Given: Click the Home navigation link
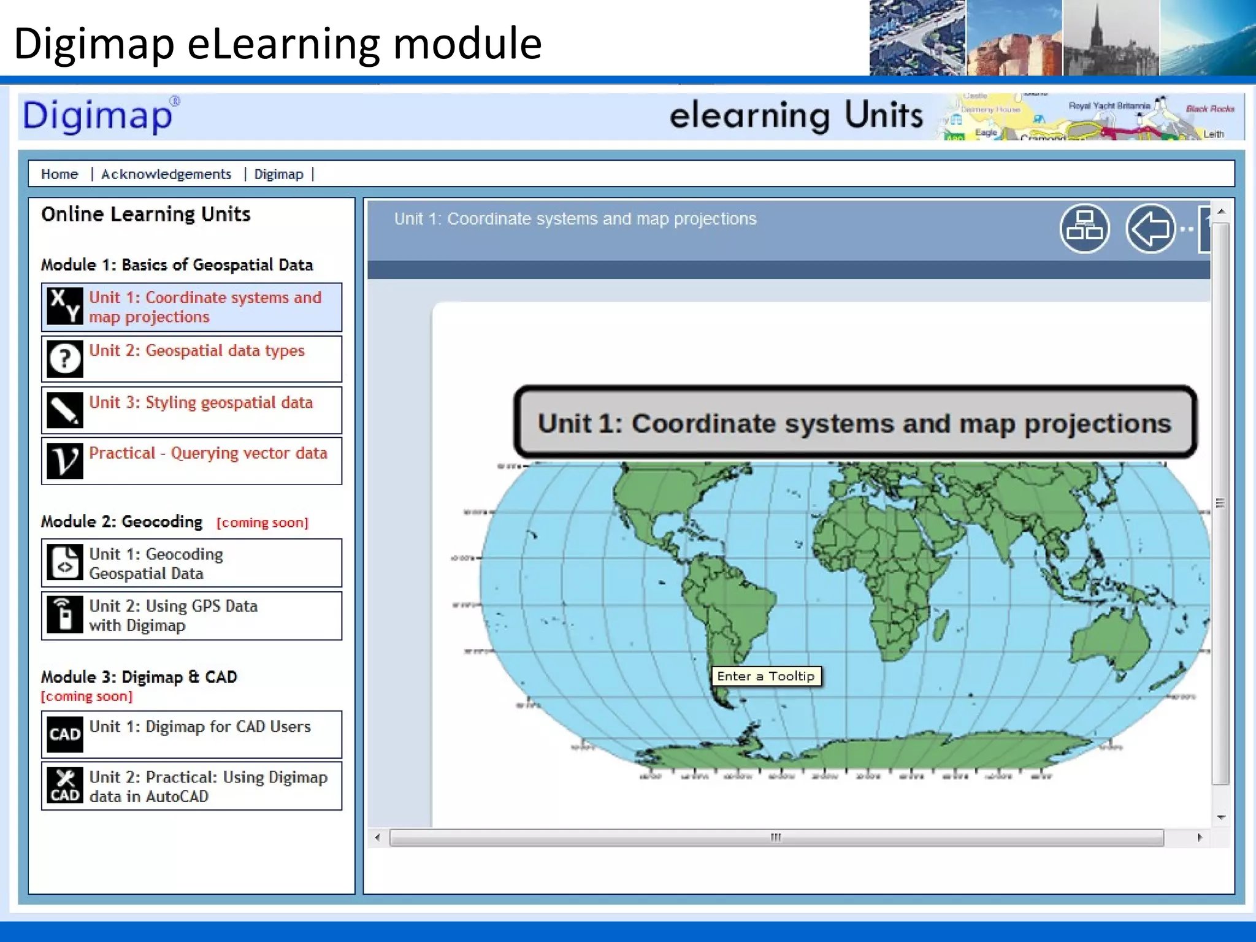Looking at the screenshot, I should tap(59, 174).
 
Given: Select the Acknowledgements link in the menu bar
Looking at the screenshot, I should tap(166, 174).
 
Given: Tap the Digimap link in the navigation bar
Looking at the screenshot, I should tap(278, 174).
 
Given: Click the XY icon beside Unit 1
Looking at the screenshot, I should tap(65, 306).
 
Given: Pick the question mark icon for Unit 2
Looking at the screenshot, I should tap(65, 359).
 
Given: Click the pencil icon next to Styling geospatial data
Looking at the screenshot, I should tap(65, 410).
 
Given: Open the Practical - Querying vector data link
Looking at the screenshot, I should tap(208, 453).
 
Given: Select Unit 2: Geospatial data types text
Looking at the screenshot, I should tap(197, 351).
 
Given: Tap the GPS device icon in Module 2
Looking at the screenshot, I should tap(65, 615).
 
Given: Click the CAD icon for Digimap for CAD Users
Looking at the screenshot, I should tap(65, 734).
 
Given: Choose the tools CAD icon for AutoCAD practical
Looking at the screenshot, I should tap(65, 786).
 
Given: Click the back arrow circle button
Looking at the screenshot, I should tap(1151, 229).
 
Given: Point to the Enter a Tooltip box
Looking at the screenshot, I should tap(766, 676).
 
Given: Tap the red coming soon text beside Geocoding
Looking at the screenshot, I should tap(262, 523).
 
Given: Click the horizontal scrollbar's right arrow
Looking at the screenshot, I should tap(1200, 838).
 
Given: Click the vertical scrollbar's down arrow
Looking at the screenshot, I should tap(1221, 818).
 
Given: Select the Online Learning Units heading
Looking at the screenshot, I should tap(146, 214).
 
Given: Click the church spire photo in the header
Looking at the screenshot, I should tap(1110, 38).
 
